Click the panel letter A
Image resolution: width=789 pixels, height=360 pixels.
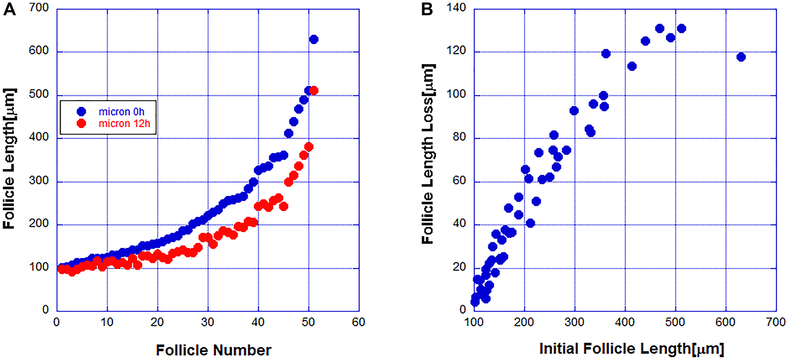click(9, 9)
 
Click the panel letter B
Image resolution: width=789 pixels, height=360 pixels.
click(427, 9)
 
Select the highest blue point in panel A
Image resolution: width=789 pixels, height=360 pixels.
click(314, 39)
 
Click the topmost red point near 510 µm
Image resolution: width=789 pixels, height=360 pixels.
click(314, 91)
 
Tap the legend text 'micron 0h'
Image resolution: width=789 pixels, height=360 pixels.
click(122, 112)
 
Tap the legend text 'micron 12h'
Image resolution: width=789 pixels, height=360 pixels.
click(124, 124)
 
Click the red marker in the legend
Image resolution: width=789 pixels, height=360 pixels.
click(81, 124)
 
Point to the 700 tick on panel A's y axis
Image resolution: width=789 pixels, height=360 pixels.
click(39, 7)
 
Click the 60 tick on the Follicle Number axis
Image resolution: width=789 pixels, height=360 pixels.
click(358, 323)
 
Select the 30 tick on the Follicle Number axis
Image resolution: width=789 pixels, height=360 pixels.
click(208, 323)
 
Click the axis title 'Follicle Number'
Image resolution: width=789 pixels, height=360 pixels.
click(213, 350)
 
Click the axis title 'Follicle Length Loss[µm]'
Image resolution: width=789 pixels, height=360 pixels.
click(428, 154)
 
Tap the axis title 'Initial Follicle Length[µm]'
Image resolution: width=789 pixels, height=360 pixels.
click(632, 349)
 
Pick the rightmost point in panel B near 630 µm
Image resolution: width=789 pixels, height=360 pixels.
click(741, 57)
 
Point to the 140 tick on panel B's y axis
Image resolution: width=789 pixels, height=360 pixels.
click(456, 7)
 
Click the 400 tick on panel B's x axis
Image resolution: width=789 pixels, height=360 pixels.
click(624, 323)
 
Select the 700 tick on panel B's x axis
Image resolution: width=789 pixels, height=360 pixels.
click(776, 323)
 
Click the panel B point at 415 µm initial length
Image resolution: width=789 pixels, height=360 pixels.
click(632, 66)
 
